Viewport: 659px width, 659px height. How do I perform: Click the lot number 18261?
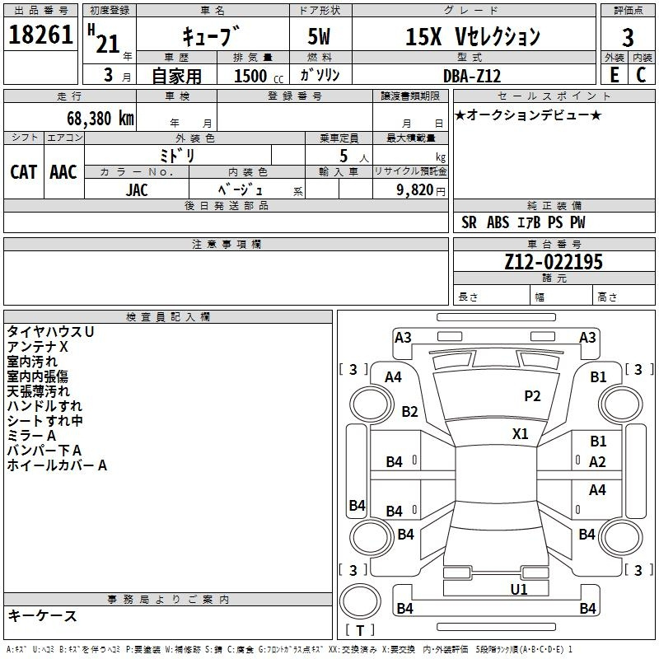(x=40, y=35)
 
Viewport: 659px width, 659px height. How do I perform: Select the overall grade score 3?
(x=628, y=37)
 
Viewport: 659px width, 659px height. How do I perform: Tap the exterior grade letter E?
(x=614, y=75)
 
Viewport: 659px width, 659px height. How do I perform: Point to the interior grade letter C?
(x=641, y=75)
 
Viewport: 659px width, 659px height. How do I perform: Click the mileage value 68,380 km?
(x=100, y=119)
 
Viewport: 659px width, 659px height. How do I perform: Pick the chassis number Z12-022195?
(x=554, y=262)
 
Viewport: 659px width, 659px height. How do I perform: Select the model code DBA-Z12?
(x=472, y=76)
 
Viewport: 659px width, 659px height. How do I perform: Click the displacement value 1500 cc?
(x=259, y=76)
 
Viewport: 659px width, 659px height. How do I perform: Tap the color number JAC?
(x=137, y=190)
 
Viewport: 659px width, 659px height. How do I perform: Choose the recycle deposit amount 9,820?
(x=415, y=190)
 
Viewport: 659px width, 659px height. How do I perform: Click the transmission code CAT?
(x=24, y=172)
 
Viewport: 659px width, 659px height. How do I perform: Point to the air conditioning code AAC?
(x=63, y=172)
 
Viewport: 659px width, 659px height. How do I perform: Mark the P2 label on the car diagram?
(x=532, y=396)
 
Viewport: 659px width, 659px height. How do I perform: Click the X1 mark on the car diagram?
(x=521, y=434)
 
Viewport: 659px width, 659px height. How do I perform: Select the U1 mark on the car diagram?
(x=519, y=590)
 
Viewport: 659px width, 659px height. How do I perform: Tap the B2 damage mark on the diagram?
(x=409, y=411)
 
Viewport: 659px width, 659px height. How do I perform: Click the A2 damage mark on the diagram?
(x=597, y=462)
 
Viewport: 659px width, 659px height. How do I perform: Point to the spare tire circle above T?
(x=360, y=602)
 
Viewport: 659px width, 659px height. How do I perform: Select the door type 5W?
(x=319, y=36)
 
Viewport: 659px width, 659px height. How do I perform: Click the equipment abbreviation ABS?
(x=498, y=222)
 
